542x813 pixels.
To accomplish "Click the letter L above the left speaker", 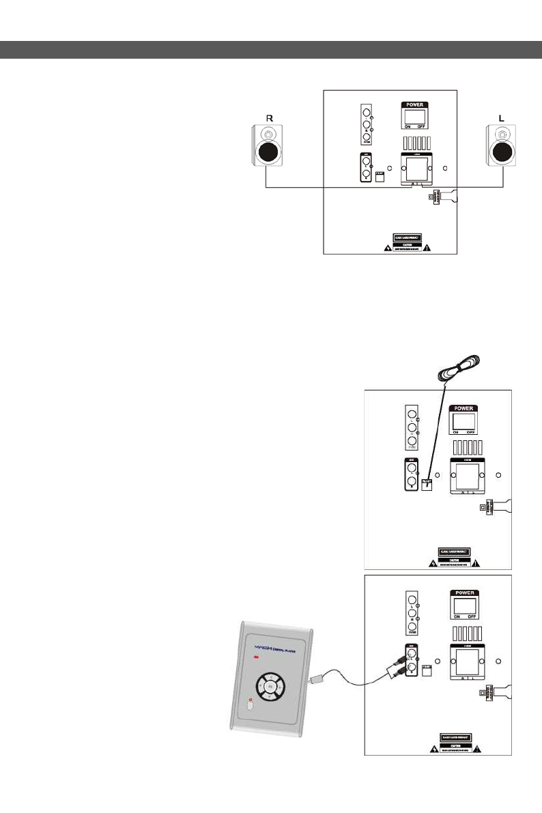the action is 502,117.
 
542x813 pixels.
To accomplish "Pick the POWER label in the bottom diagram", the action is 463,593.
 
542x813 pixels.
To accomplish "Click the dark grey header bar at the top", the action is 271,49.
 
